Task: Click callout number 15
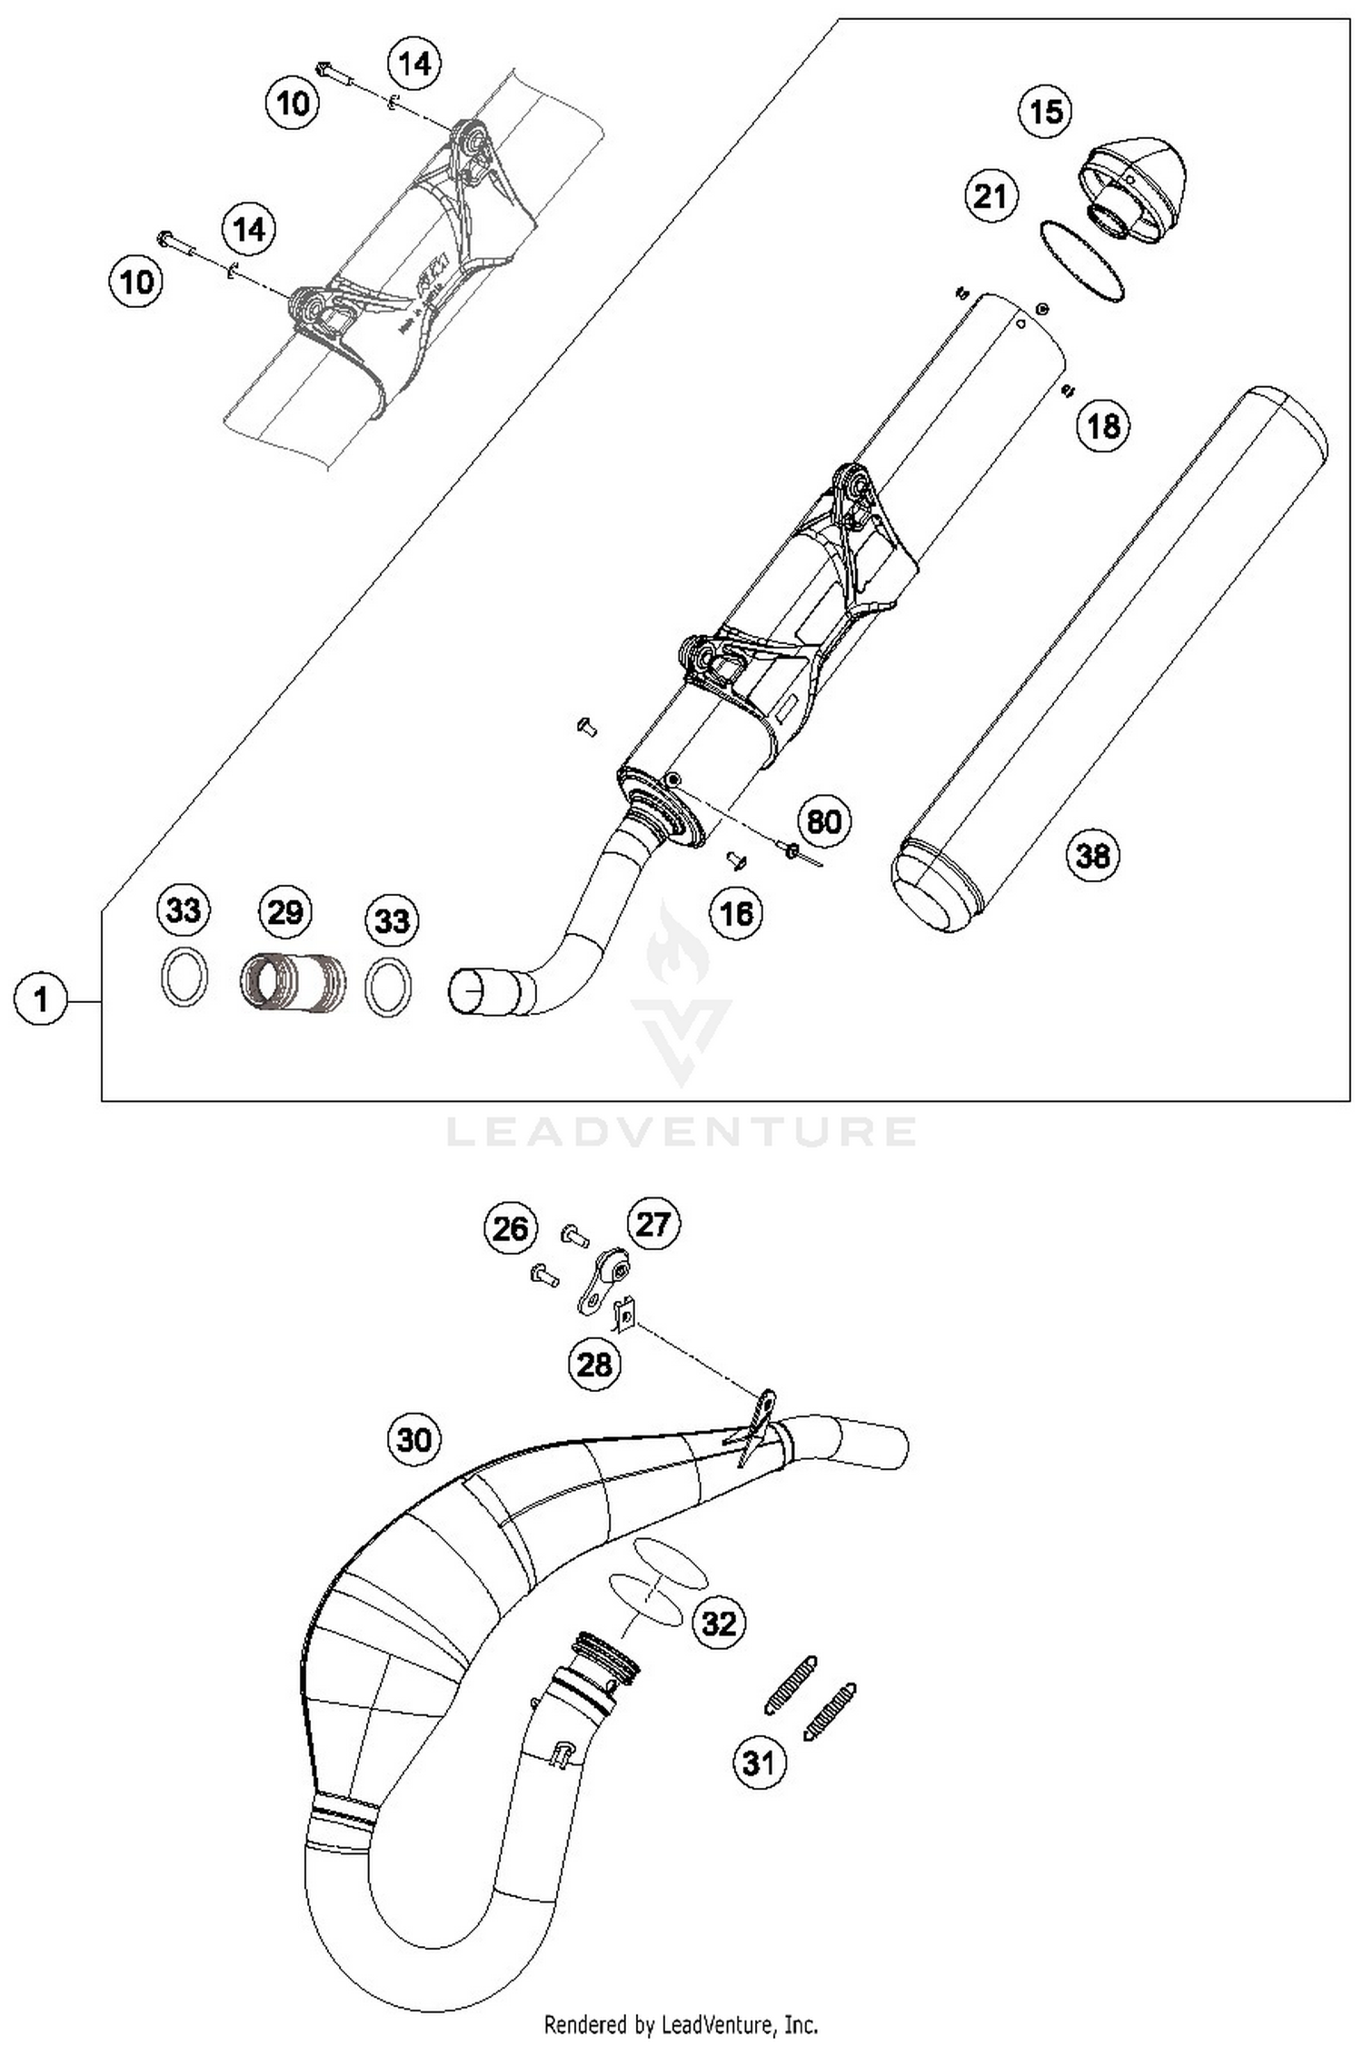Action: point(1045,112)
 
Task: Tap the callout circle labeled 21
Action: point(990,196)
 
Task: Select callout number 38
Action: point(1092,856)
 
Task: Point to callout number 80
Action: point(823,822)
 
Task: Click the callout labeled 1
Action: point(40,1000)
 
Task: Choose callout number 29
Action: point(285,911)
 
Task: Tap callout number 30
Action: point(414,1439)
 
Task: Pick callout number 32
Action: point(719,1623)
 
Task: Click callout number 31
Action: point(759,1763)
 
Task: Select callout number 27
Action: point(652,1225)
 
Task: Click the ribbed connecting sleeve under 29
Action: point(293,981)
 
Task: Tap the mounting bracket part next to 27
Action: point(603,1282)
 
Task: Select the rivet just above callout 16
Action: point(737,859)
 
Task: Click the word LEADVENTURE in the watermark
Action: point(681,1132)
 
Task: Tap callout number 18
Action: point(1104,426)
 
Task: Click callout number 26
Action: point(510,1228)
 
